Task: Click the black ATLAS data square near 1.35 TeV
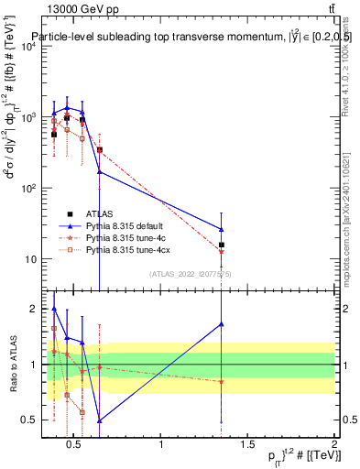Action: click(222, 245)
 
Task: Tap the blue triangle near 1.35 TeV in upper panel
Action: click(222, 229)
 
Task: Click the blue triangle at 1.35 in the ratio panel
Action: click(222, 323)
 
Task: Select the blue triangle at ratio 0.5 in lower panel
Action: click(99, 420)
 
